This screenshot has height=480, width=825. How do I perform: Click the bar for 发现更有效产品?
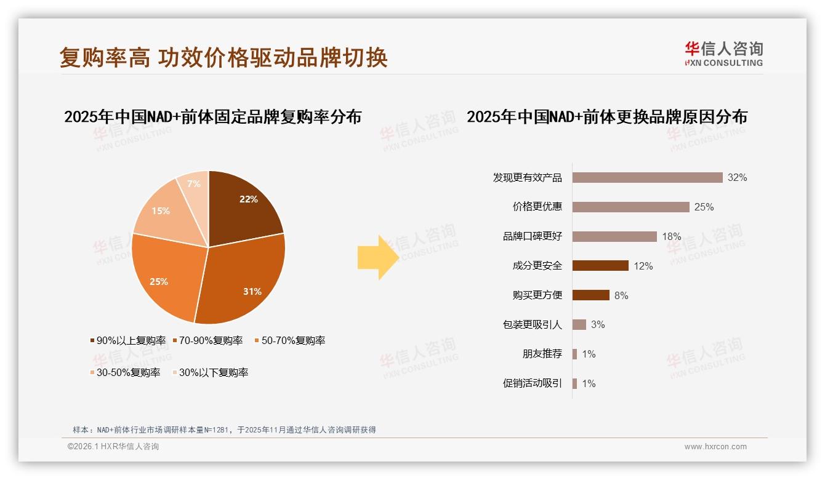(x=647, y=177)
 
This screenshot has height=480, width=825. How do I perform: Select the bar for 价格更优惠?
(x=630, y=207)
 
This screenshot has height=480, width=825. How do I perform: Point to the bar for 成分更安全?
(x=600, y=266)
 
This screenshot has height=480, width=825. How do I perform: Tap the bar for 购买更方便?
(x=590, y=295)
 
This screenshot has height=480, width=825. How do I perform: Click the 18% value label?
(x=672, y=236)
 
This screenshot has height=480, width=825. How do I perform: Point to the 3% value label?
(x=598, y=325)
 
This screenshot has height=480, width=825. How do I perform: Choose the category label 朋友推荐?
(x=542, y=354)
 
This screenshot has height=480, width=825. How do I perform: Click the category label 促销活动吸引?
(x=532, y=383)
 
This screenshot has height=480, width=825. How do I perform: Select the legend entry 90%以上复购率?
(x=127, y=341)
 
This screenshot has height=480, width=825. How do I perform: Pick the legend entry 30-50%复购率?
(x=125, y=373)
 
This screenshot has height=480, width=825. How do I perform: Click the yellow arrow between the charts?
(x=377, y=257)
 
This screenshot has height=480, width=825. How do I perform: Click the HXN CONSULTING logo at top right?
(x=723, y=54)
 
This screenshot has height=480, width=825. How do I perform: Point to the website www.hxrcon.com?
(x=715, y=447)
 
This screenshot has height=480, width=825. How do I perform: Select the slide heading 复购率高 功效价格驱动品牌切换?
(x=223, y=58)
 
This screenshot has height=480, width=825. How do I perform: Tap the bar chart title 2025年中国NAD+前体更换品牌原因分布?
(x=606, y=117)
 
